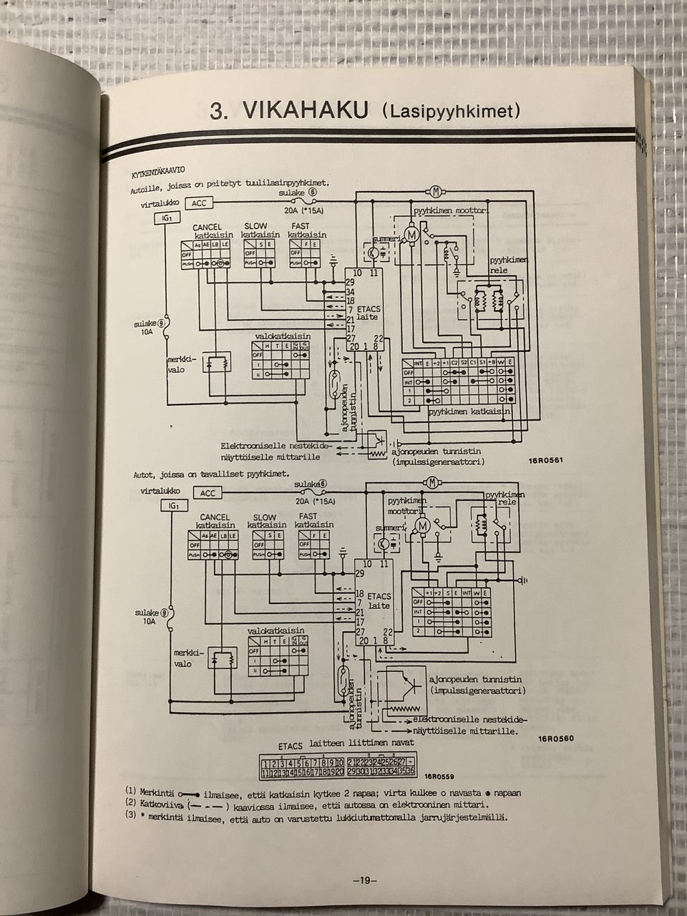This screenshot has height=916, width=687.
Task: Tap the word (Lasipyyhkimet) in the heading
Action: [451, 112]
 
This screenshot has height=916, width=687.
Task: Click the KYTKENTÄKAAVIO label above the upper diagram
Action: [158, 172]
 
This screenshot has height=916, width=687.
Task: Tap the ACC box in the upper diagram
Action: [200, 204]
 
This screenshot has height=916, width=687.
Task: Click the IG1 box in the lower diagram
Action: [174, 505]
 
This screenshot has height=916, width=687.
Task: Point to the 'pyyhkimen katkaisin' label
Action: [469, 412]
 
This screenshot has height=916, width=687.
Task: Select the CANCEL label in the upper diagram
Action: [208, 227]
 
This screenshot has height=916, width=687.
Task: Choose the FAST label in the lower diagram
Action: [309, 517]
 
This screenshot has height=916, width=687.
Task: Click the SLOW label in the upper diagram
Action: [255, 227]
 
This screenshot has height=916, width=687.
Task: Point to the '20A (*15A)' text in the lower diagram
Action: [314, 501]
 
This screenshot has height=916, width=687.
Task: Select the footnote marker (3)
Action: [130, 818]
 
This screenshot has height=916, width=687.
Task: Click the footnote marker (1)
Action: [130, 791]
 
